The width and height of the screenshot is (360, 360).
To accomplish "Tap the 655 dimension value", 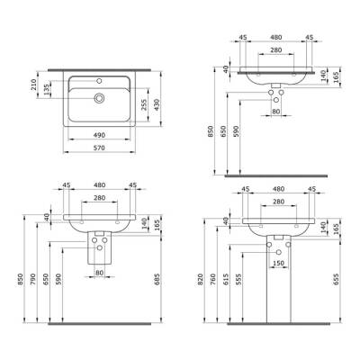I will click(x=335, y=281).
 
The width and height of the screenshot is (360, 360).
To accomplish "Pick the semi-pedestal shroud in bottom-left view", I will click(x=99, y=250).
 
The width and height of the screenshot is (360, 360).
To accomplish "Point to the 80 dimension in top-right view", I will click(x=278, y=112).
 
